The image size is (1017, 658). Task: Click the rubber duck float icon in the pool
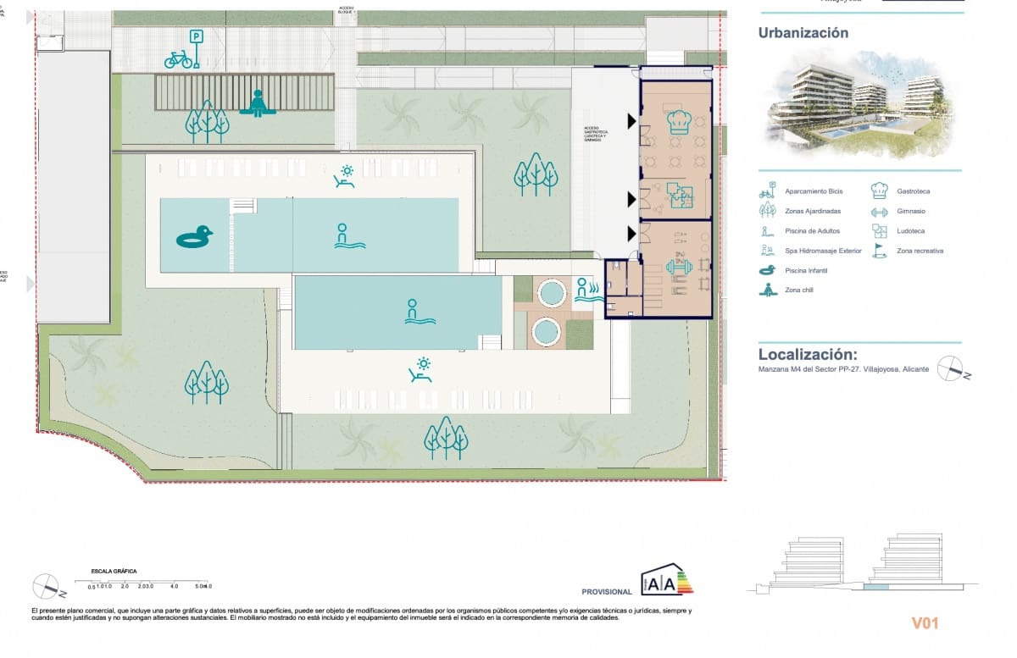(x=194, y=238)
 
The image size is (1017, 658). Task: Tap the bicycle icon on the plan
(x=178, y=59)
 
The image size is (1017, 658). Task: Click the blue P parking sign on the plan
(x=197, y=36)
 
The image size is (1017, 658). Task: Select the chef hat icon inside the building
(x=677, y=122)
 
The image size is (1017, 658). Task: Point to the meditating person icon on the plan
(x=258, y=103)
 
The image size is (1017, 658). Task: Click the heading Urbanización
(x=803, y=33)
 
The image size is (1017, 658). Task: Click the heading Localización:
(x=808, y=354)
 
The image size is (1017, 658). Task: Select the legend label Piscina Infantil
(x=806, y=271)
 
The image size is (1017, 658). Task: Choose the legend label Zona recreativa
(x=920, y=251)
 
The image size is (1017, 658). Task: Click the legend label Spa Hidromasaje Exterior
(x=823, y=251)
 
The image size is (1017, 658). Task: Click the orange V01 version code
(x=925, y=624)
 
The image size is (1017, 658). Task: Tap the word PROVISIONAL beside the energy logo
(x=607, y=592)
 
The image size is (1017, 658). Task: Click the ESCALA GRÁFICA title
(x=113, y=572)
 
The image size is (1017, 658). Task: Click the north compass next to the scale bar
(x=45, y=585)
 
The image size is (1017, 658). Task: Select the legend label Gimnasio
(x=911, y=211)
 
